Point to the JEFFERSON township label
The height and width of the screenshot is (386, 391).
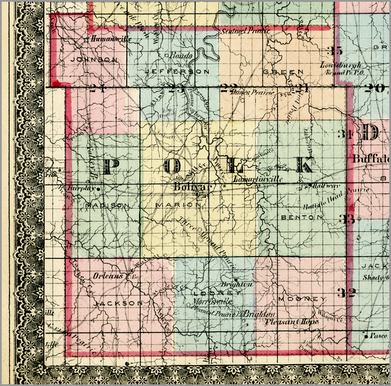click(x=177, y=72)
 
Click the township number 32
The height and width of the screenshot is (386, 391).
click(x=346, y=292)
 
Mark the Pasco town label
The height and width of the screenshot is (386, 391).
click(x=378, y=336)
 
